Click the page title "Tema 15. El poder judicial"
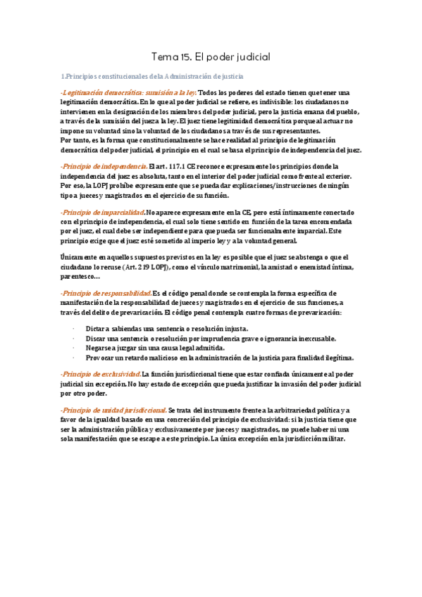coord(211,56)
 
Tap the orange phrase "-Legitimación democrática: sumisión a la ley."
coord(128,93)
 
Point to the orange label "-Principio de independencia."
coord(104,166)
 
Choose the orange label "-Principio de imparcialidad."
coord(102,212)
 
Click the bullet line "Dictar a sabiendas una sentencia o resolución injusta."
coord(166,329)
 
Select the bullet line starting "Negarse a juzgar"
coord(155,347)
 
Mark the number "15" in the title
coord(182,56)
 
